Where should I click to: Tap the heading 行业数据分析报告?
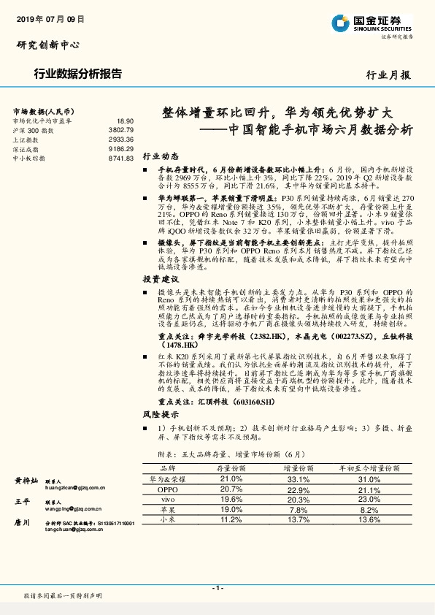(78, 74)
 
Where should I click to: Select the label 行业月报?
(388, 75)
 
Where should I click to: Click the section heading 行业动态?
(160, 156)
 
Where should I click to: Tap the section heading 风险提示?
(160, 414)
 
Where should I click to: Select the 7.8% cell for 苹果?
(299, 509)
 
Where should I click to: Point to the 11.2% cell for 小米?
(231, 519)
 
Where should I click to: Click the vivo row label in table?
(167, 499)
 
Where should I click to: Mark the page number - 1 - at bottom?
(217, 588)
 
